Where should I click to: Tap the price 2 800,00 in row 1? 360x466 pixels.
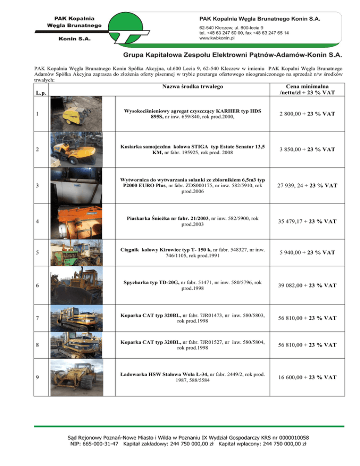point(297,114)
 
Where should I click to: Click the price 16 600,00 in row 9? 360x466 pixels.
point(297,379)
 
